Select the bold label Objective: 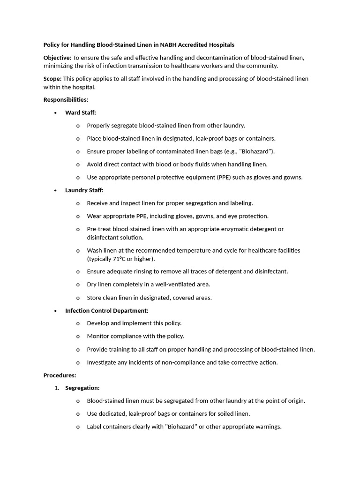(58, 58)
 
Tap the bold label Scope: (52, 79)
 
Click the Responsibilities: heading (66, 100)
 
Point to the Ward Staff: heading (81, 112)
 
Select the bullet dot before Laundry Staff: (56, 190)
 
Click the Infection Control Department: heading (107, 310)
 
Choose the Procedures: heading (60, 375)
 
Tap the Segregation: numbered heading (82, 388)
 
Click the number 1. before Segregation (57, 388)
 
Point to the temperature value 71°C (120, 259)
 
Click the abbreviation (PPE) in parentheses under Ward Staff (228, 177)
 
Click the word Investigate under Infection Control (102, 362)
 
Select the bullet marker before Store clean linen (78, 298)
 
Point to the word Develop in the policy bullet (98, 323)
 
